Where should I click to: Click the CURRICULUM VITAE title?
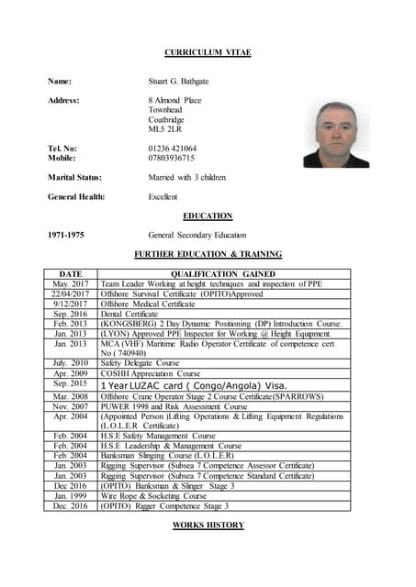pos(208,52)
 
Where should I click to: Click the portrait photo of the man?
pos(336,134)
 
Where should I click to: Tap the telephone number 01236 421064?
pos(173,148)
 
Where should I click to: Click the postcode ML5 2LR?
pos(165,129)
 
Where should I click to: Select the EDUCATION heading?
pos(208,216)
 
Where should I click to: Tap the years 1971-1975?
pos(66,235)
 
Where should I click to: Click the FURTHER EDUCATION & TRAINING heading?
pos(208,254)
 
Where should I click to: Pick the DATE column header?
pos(71,273)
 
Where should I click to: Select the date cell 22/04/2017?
pos(71,293)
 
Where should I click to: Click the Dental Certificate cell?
pos(129,314)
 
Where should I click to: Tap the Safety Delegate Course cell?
pos(141,363)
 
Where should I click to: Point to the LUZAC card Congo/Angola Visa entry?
pos(194,384)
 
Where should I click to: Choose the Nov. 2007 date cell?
pos(71,405)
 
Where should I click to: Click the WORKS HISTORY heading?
pos(208,525)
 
